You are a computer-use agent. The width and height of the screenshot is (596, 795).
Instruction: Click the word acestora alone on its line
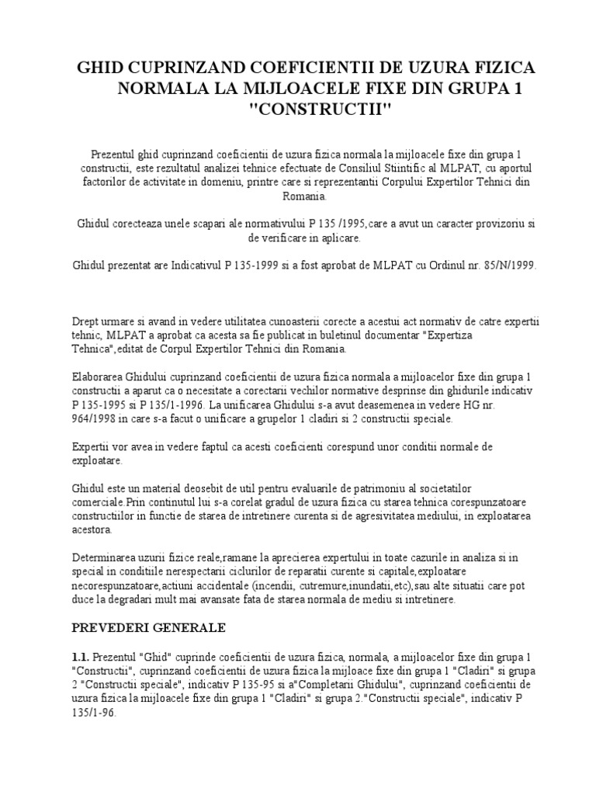[x=92, y=530]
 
